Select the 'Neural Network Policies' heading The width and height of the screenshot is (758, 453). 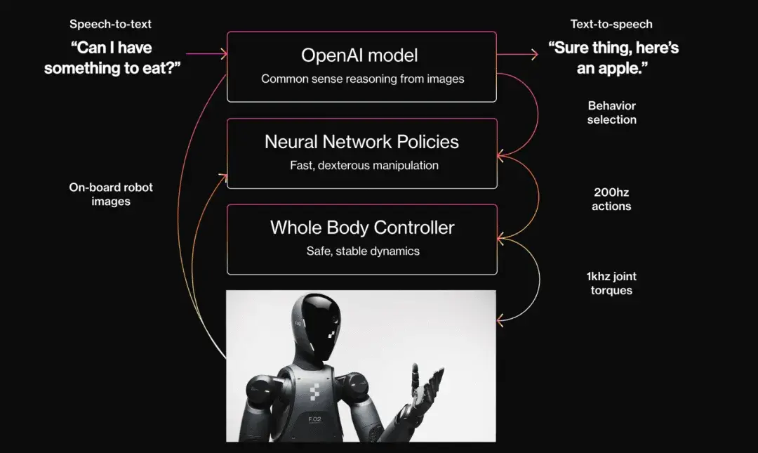[x=361, y=142]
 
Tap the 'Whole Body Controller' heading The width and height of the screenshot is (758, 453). [x=362, y=228]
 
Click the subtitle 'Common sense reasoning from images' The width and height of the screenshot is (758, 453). [x=362, y=79]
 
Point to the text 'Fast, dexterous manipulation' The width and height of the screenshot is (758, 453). [x=364, y=166]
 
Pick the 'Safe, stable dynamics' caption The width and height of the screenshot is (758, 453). [x=363, y=251]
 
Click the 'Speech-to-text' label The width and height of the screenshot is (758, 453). [x=110, y=24]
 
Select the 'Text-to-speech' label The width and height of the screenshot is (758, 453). [x=611, y=24]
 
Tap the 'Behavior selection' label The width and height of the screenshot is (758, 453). [x=612, y=112]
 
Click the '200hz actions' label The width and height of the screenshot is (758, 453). [x=611, y=199]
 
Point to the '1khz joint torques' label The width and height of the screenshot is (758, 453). [x=611, y=283]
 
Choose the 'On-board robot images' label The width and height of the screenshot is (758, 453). [x=110, y=194]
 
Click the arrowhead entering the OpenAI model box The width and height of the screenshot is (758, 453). [x=224, y=53]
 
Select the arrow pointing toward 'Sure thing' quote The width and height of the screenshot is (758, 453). [x=535, y=53]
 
